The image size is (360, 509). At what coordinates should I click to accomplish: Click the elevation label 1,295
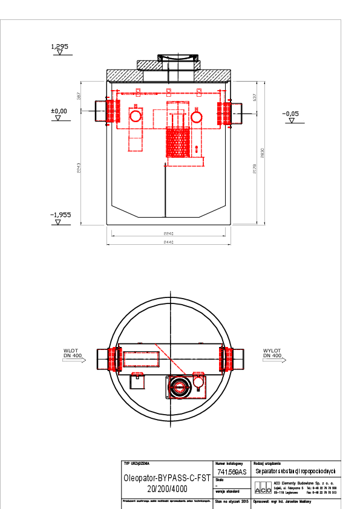pyautogui.click(x=60, y=46)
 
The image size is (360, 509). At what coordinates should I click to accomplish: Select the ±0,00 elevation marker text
pyautogui.click(x=59, y=111)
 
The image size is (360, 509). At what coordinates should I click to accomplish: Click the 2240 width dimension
pyautogui.click(x=169, y=233)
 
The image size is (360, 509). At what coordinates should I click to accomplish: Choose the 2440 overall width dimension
pyautogui.click(x=169, y=242)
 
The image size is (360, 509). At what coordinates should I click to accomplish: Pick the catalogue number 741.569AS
pyautogui.click(x=232, y=472)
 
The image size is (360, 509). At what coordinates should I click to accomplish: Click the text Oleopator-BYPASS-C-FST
pyautogui.click(x=166, y=477)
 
